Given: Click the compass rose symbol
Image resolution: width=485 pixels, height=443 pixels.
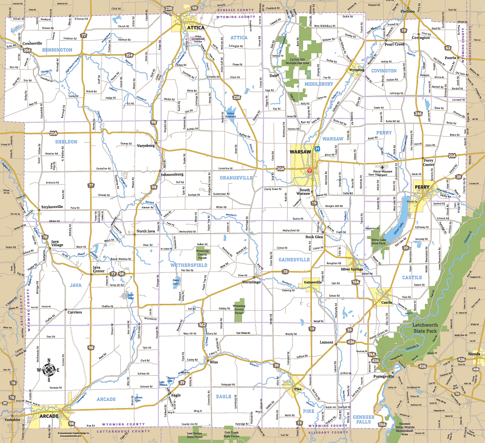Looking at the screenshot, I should pos(49,370).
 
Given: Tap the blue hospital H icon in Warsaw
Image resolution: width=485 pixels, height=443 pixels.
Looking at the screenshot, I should pos(317,149).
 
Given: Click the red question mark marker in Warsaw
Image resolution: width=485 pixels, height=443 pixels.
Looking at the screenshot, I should pos(309,171).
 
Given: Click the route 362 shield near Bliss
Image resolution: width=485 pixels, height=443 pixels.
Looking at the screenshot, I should pos(202,325).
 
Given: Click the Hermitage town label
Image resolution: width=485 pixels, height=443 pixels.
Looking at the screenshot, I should pos(251,282).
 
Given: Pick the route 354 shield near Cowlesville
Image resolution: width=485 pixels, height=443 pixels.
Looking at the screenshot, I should pos(27,50).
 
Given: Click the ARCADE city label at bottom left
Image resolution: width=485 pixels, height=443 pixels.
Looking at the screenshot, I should pos(48,416).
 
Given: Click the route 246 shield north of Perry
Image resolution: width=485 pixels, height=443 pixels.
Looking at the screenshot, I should pos(418,114).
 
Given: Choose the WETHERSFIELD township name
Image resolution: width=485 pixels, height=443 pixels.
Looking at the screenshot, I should pos(189,266).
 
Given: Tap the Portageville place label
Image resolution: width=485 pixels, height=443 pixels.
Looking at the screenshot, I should pos(383,376).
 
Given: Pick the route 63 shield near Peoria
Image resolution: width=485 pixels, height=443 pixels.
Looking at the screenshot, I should pos(448,48).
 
